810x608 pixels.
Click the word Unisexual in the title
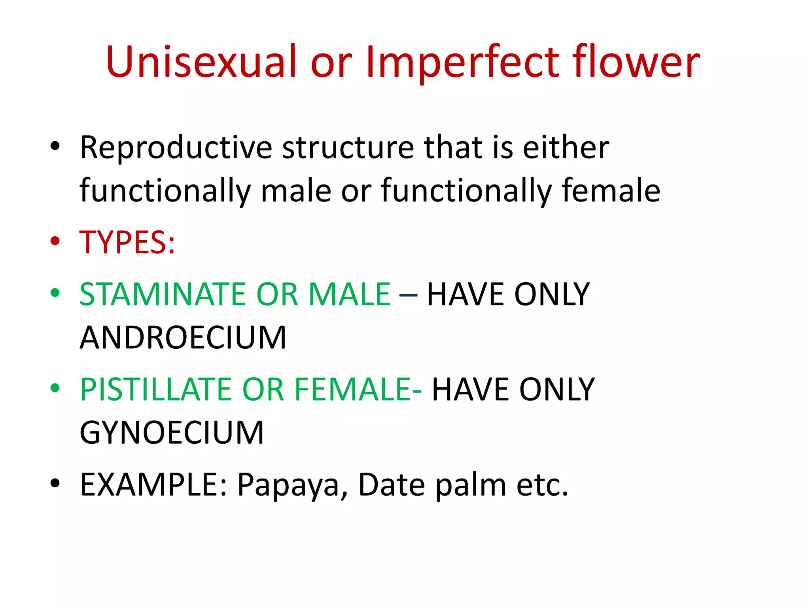[x=201, y=62]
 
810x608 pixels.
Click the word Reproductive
[x=176, y=148]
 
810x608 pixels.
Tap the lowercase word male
[x=296, y=191]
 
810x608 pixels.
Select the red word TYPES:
[x=127, y=242]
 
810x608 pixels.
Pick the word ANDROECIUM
[x=183, y=338]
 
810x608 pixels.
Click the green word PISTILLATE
[x=155, y=389]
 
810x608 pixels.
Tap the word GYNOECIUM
[x=172, y=433]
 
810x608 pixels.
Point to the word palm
[x=471, y=485]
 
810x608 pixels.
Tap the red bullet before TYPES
[x=55, y=241]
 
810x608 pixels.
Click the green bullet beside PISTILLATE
[x=55, y=388]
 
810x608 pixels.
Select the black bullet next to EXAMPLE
[x=55, y=483]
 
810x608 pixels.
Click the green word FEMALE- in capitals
[x=358, y=389]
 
